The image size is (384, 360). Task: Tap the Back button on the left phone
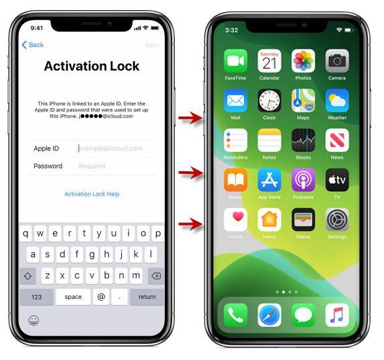[32, 45]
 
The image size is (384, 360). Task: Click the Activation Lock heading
[91, 66]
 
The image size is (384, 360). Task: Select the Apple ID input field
[110, 148]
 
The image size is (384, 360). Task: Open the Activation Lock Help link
[91, 194]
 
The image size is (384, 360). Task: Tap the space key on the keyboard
[73, 297]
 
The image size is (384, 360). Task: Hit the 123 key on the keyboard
[36, 297]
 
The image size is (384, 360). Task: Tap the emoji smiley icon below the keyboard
[33, 320]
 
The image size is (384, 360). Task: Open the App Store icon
[269, 180]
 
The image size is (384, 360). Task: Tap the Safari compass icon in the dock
[269, 314]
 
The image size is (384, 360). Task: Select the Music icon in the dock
[337, 314]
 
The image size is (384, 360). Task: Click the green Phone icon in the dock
[235, 314]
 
